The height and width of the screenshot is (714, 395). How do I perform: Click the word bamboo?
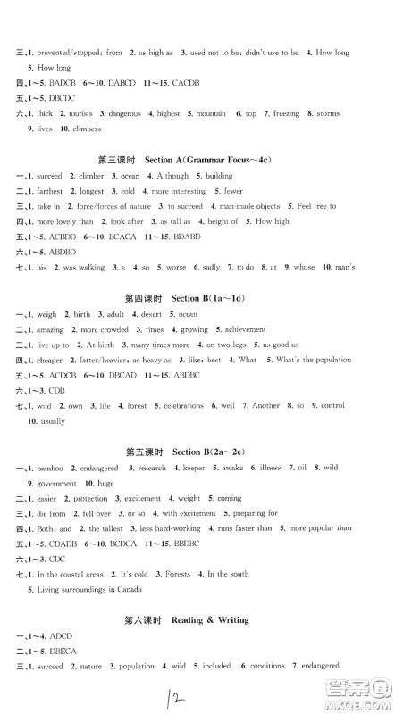tap(48, 468)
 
